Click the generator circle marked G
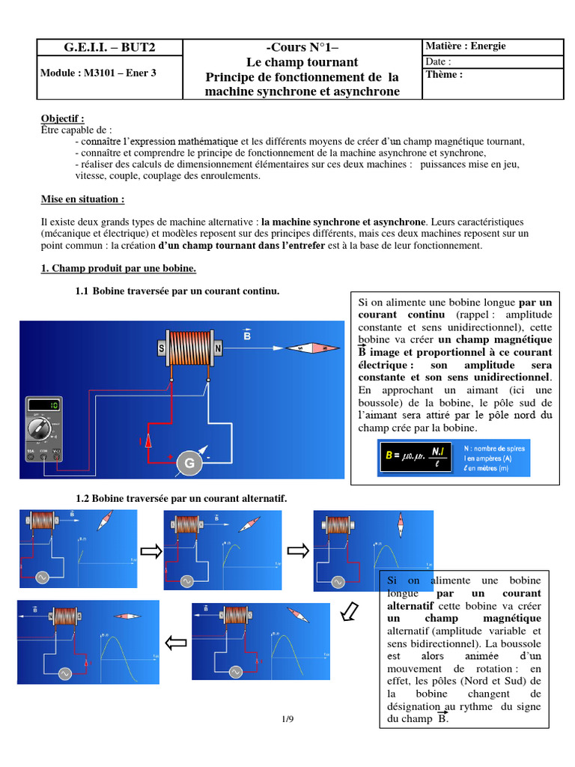point(189,464)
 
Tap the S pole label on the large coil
point(160,348)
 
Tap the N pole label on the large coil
point(219,348)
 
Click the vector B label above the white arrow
point(247,336)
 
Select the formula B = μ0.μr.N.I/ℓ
point(417,458)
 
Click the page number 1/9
point(288,720)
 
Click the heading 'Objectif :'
point(62,118)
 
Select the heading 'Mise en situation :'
point(82,200)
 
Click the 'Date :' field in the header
point(439,61)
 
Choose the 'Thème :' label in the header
point(444,75)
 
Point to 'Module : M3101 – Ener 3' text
point(98,73)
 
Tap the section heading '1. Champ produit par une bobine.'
point(118,267)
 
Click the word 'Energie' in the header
point(488,46)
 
